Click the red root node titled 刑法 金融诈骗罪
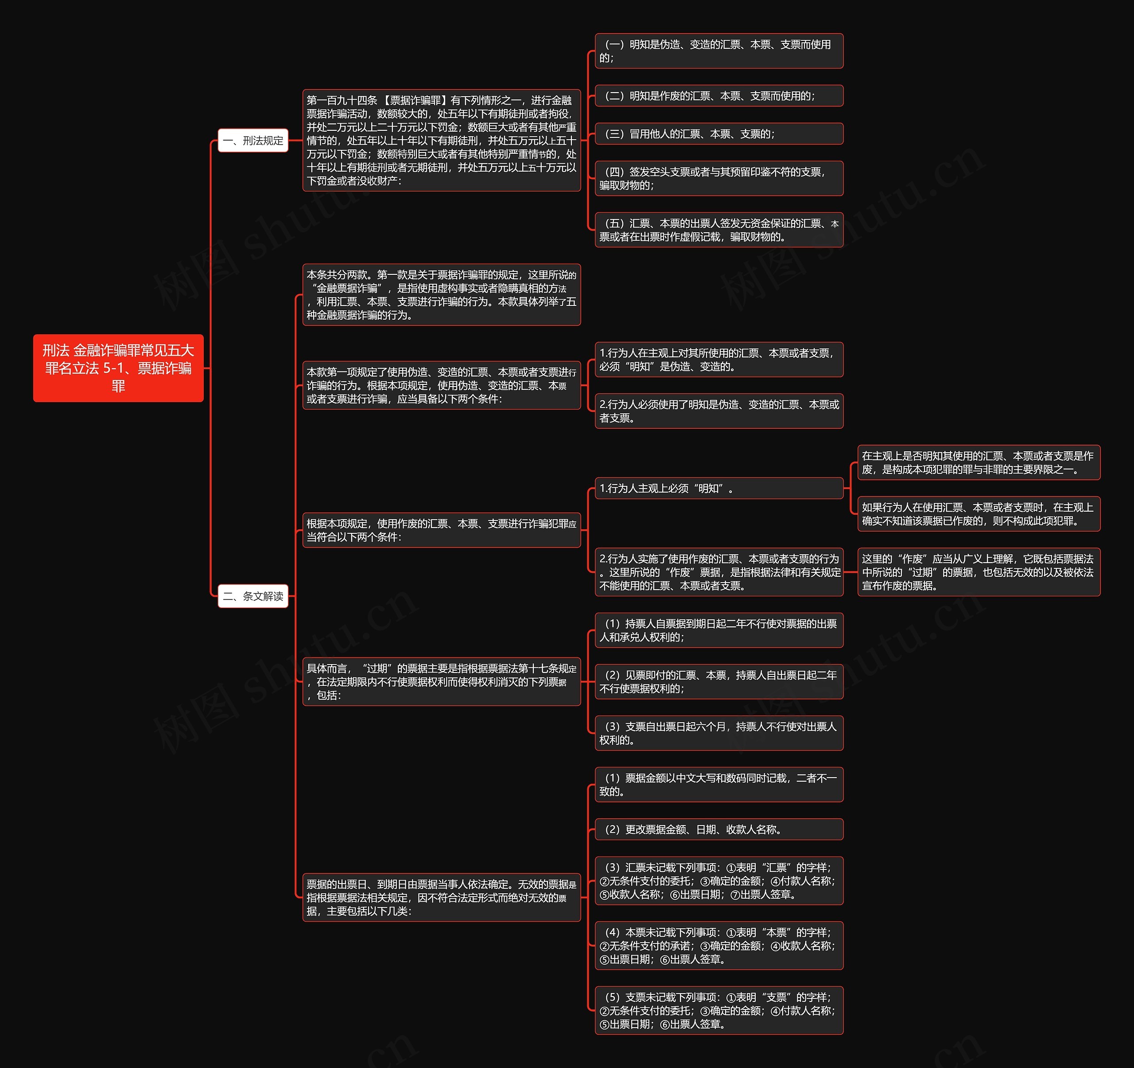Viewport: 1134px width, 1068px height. (x=118, y=368)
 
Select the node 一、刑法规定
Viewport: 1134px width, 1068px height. (x=252, y=141)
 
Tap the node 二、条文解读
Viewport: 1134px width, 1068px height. (x=252, y=596)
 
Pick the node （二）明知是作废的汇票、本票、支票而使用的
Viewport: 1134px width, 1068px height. (x=719, y=96)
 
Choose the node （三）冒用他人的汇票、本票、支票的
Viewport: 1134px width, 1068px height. (x=719, y=133)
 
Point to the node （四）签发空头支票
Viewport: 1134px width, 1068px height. (x=719, y=178)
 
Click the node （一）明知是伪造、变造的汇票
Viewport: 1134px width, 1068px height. (x=719, y=51)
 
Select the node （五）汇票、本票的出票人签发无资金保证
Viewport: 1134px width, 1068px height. (x=719, y=230)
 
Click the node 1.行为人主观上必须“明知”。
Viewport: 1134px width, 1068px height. (x=719, y=488)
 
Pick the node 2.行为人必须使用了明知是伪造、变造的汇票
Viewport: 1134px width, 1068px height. (x=719, y=411)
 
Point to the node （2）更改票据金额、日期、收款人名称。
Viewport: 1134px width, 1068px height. (x=719, y=829)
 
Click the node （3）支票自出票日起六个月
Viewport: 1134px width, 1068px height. (x=719, y=733)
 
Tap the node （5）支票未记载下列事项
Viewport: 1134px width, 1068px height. (x=719, y=1010)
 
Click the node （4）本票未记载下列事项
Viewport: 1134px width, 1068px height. (x=719, y=945)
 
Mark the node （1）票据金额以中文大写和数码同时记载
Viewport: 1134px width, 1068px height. (x=719, y=784)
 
